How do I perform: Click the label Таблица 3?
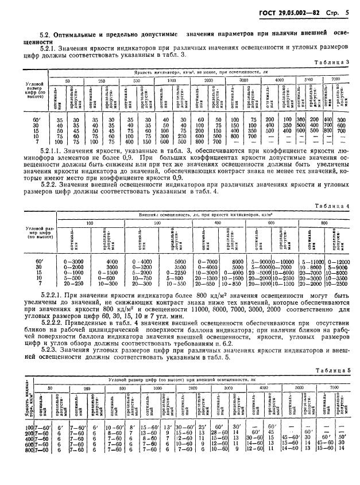[328, 62]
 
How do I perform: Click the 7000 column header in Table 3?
[336, 77]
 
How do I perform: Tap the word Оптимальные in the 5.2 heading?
[79, 33]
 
